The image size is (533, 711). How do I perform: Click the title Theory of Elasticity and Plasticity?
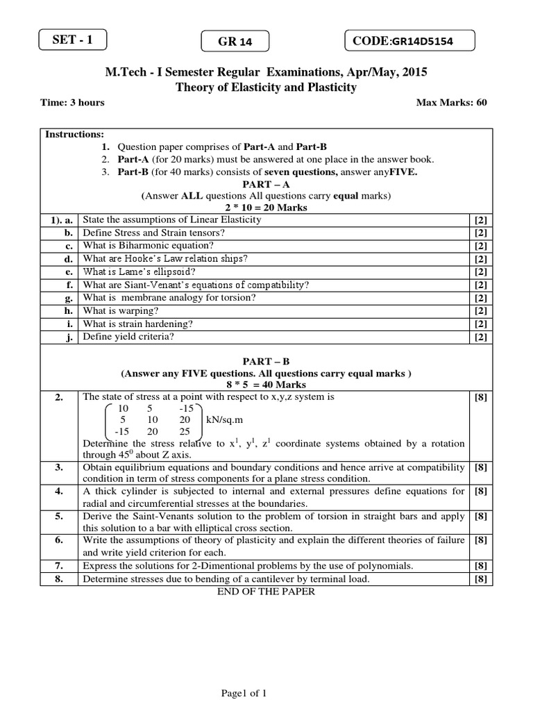click(x=266, y=87)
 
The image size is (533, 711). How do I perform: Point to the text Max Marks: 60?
click(x=451, y=103)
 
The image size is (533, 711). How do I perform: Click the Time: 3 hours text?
click(x=73, y=103)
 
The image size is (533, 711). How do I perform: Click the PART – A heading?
click(x=266, y=184)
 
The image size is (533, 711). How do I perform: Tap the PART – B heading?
click(x=266, y=362)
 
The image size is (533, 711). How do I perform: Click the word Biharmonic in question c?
click(x=143, y=245)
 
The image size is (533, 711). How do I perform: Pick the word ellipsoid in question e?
click(x=173, y=271)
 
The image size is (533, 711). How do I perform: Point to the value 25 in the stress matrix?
click(x=184, y=432)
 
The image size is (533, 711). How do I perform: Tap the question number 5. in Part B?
click(x=59, y=516)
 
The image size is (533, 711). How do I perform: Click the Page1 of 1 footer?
click(x=244, y=693)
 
